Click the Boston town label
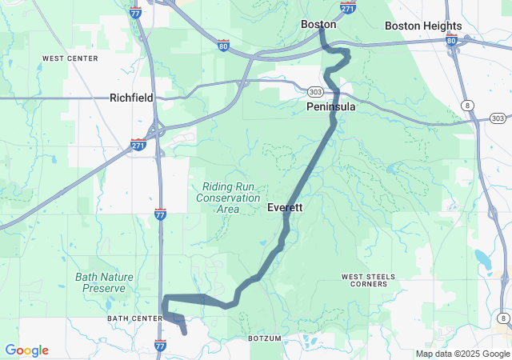point(318,25)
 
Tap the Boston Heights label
point(423,26)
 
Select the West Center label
point(70,58)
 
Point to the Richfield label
point(131,98)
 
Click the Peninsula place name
point(330,106)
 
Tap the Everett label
point(284,207)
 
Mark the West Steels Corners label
point(368,280)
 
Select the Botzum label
point(266,338)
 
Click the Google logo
point(26,350)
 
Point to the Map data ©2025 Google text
point(462,354)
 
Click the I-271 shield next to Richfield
point(138,145)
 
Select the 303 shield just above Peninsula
point(316,92)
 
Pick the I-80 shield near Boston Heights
point(452,41)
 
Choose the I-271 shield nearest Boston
point(347,7)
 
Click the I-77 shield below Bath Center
point(160,345)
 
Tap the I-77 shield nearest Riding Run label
point(161,214)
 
